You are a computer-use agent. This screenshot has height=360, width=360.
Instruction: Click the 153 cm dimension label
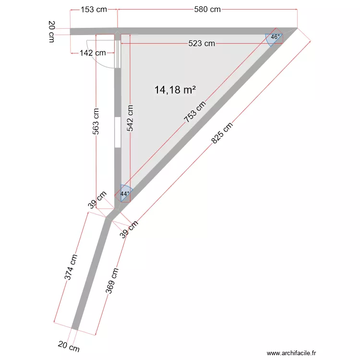pyautogui.click(x=94, y=9)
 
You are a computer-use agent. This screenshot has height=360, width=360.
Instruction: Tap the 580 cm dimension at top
pyautogui.click(x=207, y=9)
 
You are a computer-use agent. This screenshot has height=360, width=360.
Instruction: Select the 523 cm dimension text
pyautogui.click(x=202, y=44)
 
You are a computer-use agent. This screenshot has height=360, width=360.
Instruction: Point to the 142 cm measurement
pyautogui.click(x=93, y=53)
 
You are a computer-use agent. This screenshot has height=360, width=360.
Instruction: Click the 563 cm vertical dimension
pyautogui.click(x=96, y=121)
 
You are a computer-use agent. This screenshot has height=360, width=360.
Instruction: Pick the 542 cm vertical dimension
pyautogui.click(x=131, y=118)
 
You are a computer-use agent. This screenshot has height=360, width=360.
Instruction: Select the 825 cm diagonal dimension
pyautogui.click(x=222, y=133)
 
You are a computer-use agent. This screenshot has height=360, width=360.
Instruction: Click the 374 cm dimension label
pyautogui.click(x=71, y=267)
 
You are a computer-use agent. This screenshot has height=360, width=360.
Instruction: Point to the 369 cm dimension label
pyautogui.click(x=112, y=280)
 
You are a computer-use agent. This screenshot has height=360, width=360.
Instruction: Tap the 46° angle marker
pyautogui.click(x=275, y=37)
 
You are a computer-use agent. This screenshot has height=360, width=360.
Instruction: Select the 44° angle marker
pyautogui.click(x=125, y=193)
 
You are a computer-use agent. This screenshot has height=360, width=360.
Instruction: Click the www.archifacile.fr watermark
pyautogui.click(x=292, y=353)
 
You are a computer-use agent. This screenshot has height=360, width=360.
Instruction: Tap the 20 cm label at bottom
pyautogui.click(x=69, y=347)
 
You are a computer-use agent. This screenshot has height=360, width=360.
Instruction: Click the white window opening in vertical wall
pyautogui.click(x=117, y=132)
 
